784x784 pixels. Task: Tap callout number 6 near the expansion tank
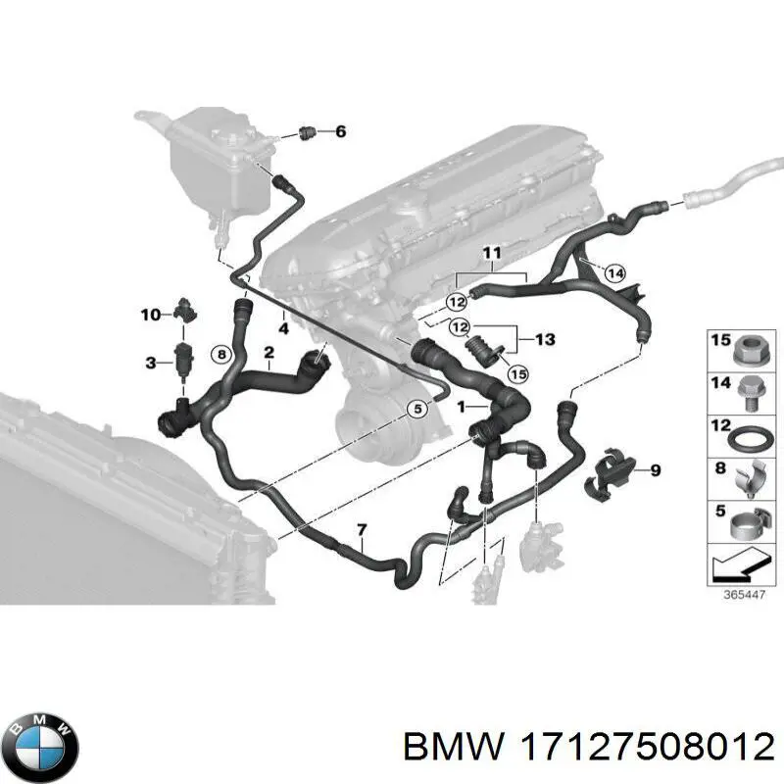(340, 131)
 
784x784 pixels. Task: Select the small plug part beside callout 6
(306, 133)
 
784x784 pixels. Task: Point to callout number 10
(151, 315)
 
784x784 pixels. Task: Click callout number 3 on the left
(151, 362)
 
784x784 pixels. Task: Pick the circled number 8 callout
(222, 355)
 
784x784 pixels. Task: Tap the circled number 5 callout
(417, 410)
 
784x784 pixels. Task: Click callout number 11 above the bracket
(492, 253)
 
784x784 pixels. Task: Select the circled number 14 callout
(614, 273)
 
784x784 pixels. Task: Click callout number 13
(545, 339)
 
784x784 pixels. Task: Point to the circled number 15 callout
(518, 373)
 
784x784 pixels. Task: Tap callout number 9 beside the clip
(655, 470)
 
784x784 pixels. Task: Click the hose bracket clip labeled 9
(608, 472)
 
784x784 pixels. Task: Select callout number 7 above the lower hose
(362, 530)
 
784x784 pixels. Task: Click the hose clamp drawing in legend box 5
(749, 523)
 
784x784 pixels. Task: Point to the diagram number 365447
(745, 595)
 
